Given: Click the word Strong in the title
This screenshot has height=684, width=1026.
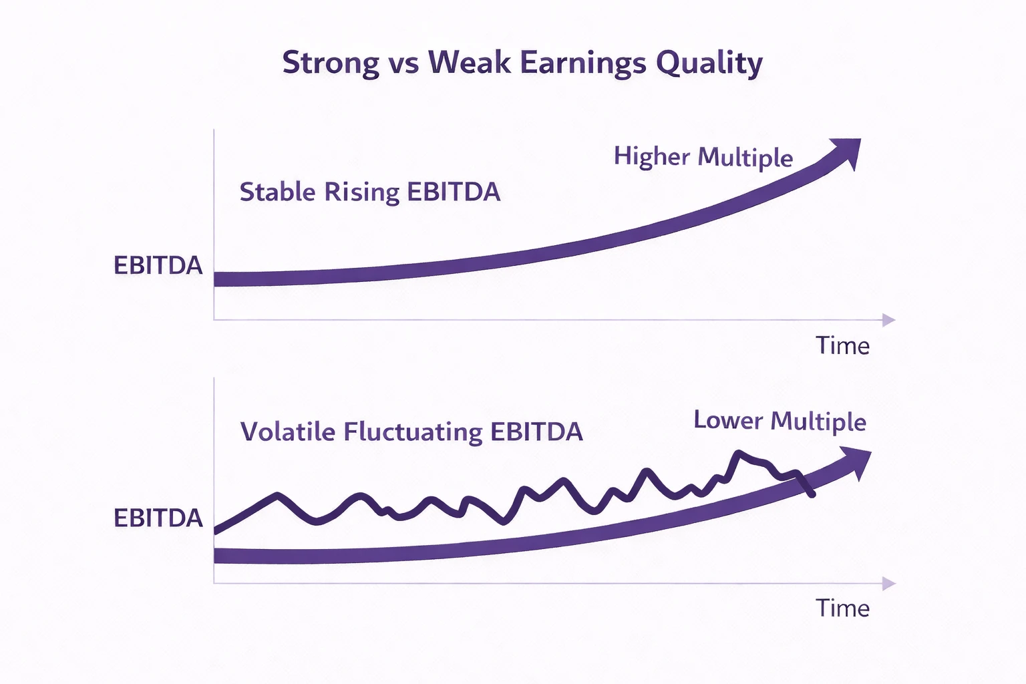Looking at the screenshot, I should pyautogui.click(x=331, y=63).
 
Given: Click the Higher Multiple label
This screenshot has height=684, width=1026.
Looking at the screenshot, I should pyautogui.click(x=703, y=157).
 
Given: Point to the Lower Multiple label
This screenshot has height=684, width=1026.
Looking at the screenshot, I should pyautogui.click(x=780, y=421).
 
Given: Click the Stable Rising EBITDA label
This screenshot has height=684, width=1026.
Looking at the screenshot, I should pyautogui.click(x=369, y=192).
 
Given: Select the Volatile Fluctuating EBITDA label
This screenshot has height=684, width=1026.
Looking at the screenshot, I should pyautogui.click(x=411, y=432).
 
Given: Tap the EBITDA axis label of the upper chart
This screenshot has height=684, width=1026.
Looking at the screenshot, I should pyautogui.click(x=158, y=266).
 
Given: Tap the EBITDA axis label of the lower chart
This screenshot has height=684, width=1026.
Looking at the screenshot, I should pyautogui.click(x=158, y=518).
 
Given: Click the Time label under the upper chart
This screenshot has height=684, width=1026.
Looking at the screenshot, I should pyautogui.click(x=842, y=346).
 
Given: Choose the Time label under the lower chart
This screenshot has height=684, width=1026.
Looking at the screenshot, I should pyautogui.click(x=842, y=609).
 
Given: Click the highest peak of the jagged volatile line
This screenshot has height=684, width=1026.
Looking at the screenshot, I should pyautogui.click(x=739, y=453).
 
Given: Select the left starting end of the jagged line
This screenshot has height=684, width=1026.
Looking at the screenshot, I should pyautogui.click(x=216, y=531).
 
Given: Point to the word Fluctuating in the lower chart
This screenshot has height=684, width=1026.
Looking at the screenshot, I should pyautogui.click(x=412, y=432).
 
